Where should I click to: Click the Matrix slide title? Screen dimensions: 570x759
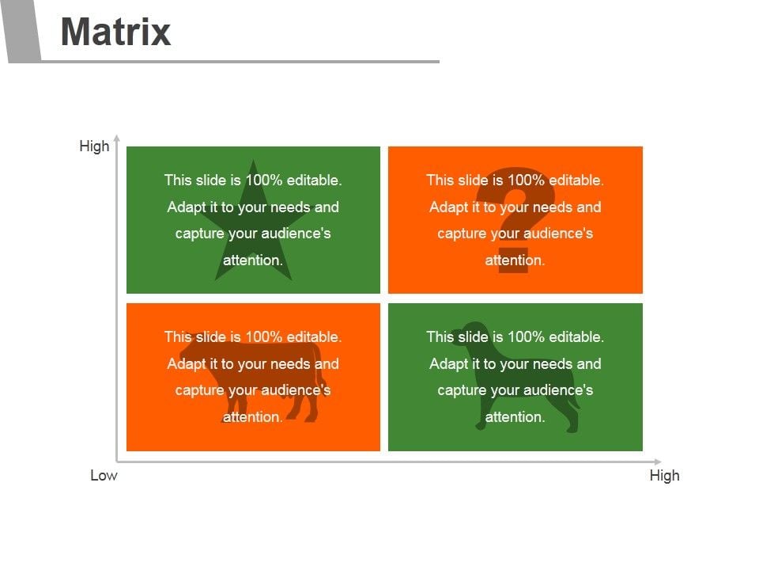[x=115, y=32]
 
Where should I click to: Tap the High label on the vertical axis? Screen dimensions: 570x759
[x=94, y=146]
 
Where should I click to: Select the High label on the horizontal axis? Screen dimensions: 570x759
[x=664, y=475]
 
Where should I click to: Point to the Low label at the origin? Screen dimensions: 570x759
[x=104, y=475]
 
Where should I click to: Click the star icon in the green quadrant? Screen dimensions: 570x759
[x=253, y=230]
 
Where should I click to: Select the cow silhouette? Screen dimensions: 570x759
[x=253, y=376]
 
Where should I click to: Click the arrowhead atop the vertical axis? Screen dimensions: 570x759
[x=116, y=138]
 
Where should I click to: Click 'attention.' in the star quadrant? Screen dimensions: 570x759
[x=253, y=260]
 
